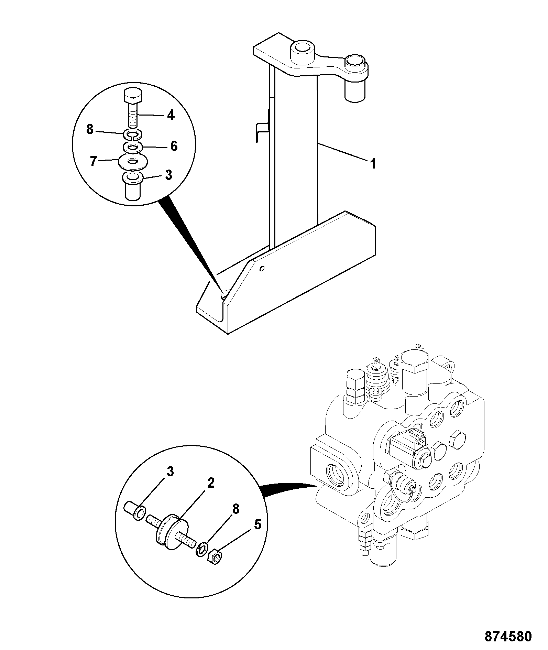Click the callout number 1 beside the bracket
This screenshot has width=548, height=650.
[x=373, y=164]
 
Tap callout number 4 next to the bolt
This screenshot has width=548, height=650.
[x=171, y=114]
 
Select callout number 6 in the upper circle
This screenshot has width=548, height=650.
[x=174, y=146]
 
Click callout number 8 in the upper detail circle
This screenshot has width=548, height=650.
[x=90, y=130]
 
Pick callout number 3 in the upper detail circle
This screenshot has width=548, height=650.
[x=168, y=175]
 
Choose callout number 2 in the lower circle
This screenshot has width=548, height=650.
[x=211, y=483]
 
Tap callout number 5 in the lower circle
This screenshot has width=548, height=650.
[x=257, y=524]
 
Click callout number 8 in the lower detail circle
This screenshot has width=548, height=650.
[x=235, y=509]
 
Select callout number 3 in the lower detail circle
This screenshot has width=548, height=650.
[x=170, y=472]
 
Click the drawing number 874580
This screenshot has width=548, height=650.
[x=508, y=636]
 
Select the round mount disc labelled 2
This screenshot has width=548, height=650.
[x=173, y=533]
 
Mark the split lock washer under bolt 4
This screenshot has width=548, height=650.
[x=132, y=135]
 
